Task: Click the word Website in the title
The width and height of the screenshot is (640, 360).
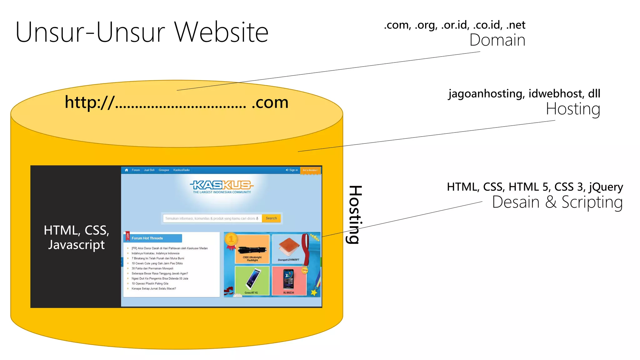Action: point(221,32)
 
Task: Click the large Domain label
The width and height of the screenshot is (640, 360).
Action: point(497,40)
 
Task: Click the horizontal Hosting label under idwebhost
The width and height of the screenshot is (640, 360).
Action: point(573,109)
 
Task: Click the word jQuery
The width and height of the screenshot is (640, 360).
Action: point(606,187)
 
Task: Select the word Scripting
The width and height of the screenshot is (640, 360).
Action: point(592,202)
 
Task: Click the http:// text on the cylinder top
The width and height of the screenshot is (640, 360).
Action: point(89,102)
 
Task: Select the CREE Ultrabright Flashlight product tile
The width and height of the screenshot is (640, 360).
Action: point(252,249)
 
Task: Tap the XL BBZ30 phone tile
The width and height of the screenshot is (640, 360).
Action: point(288,280)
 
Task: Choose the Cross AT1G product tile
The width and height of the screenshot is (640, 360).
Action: point(252,280)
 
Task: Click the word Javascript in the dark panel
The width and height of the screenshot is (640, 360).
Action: point(76,245)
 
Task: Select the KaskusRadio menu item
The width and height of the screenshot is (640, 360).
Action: point(181,170)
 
